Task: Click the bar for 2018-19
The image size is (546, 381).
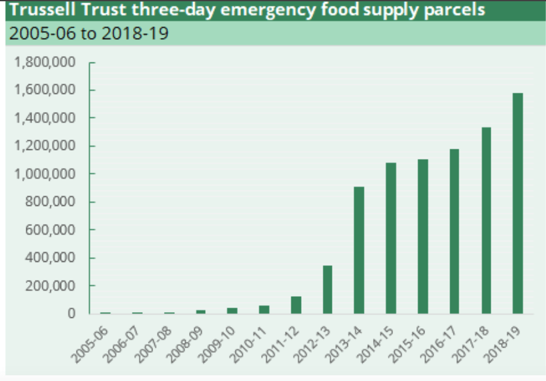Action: point(518,203)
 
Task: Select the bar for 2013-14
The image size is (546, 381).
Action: point(359,250)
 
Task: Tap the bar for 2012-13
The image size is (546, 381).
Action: point(327,290)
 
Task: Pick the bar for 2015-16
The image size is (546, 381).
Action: point(423,236)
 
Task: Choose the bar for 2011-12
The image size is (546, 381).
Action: point(296,305)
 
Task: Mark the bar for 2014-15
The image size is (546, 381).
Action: point(390,238)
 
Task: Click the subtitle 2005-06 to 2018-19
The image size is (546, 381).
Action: point(87,33)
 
